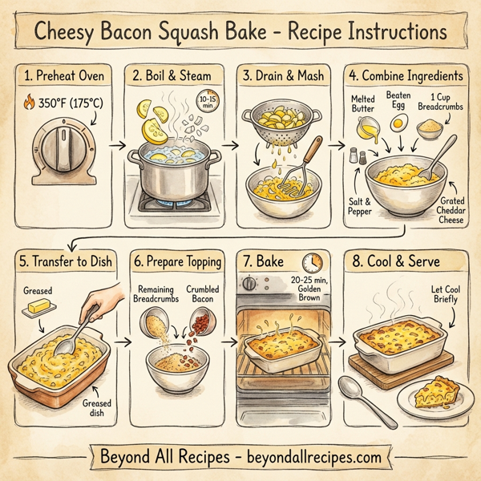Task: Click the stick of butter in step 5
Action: click(42, 307)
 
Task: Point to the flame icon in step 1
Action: click(30, 103)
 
